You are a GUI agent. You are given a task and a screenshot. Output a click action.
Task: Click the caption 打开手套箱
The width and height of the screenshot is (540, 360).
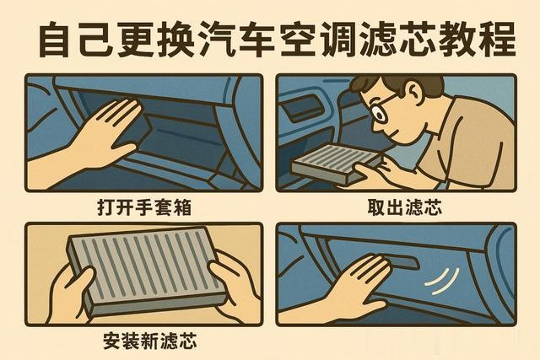coord(144,208)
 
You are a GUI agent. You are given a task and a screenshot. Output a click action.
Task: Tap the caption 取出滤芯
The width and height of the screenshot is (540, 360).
coord(404,207)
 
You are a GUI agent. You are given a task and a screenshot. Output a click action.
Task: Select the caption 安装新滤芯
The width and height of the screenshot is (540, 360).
coord(150,341)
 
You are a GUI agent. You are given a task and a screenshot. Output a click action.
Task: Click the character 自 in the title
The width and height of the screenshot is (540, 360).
coord(55,39)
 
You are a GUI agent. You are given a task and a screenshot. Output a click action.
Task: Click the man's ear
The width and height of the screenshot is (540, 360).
coord(416,92)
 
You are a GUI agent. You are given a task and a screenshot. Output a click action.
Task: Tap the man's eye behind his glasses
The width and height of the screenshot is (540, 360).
coord(381,115)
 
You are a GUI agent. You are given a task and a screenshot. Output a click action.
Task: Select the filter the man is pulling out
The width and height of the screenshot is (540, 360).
coord(336,164)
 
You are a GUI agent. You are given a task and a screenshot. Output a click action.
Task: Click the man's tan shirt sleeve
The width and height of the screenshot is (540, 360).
coord(482,137)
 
